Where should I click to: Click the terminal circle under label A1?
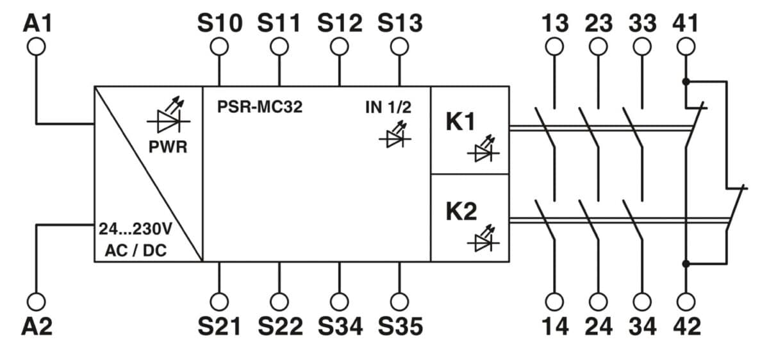click(37, 46)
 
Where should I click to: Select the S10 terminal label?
click(220, 23)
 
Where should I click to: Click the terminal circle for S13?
click(399, 46)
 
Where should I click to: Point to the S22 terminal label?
click(279, 326)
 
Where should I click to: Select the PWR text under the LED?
click(168, 147)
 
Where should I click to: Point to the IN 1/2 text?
click(388, 107)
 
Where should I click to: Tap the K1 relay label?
click(461, 122)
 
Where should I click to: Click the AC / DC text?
click(135, 250)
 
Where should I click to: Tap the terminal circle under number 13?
click(554, 46)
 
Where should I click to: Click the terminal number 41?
click(686, 23)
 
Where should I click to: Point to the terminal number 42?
click(686, 326)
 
